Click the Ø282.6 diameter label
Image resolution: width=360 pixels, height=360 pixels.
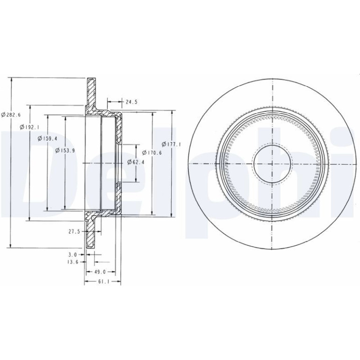pos(11,115)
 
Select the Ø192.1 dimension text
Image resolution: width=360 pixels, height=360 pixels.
pos(29,127)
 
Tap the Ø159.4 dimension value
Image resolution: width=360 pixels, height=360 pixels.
pos(47,138)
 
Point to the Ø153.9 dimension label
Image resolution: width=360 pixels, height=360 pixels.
pos(65,151)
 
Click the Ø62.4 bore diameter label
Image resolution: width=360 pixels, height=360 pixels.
pos(136,162)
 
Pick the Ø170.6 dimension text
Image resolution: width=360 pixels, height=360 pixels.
pos(152,152)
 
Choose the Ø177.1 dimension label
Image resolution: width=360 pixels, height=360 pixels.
pos(172,144)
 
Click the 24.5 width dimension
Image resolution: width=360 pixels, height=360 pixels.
pos(131,102)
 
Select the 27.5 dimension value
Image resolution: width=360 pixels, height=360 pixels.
pos(74,231)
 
